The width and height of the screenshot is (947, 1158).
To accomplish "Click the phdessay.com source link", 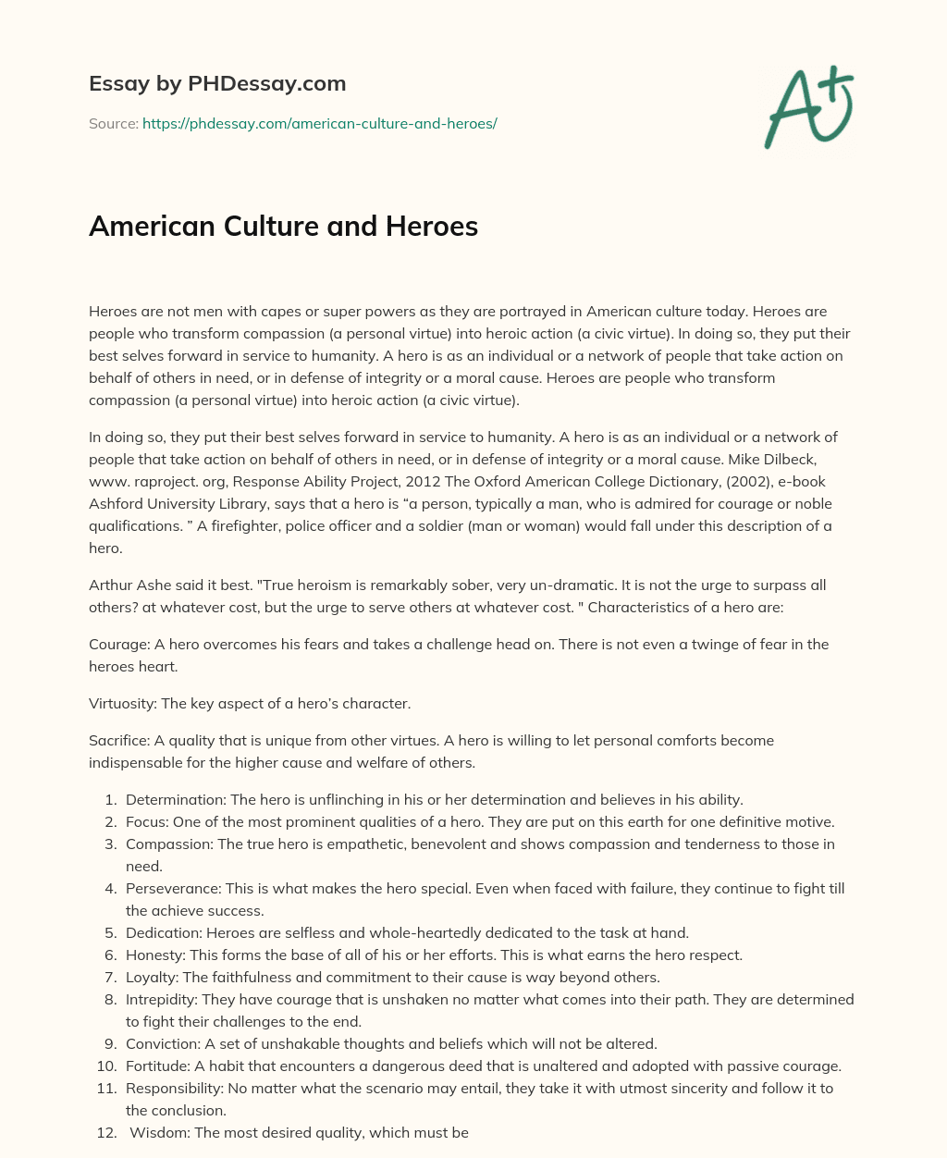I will (319, 123).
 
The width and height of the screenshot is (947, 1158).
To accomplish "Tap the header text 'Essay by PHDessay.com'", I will (217, 83).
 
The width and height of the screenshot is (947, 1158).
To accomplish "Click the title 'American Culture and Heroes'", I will (283, 226).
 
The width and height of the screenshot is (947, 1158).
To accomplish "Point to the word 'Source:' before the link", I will (113, 123).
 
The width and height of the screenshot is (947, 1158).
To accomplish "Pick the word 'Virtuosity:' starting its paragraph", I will (123, 703).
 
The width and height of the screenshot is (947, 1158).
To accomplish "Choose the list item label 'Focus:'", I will (146, 821).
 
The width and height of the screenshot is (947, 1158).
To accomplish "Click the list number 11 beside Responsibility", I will (107, 1088).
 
